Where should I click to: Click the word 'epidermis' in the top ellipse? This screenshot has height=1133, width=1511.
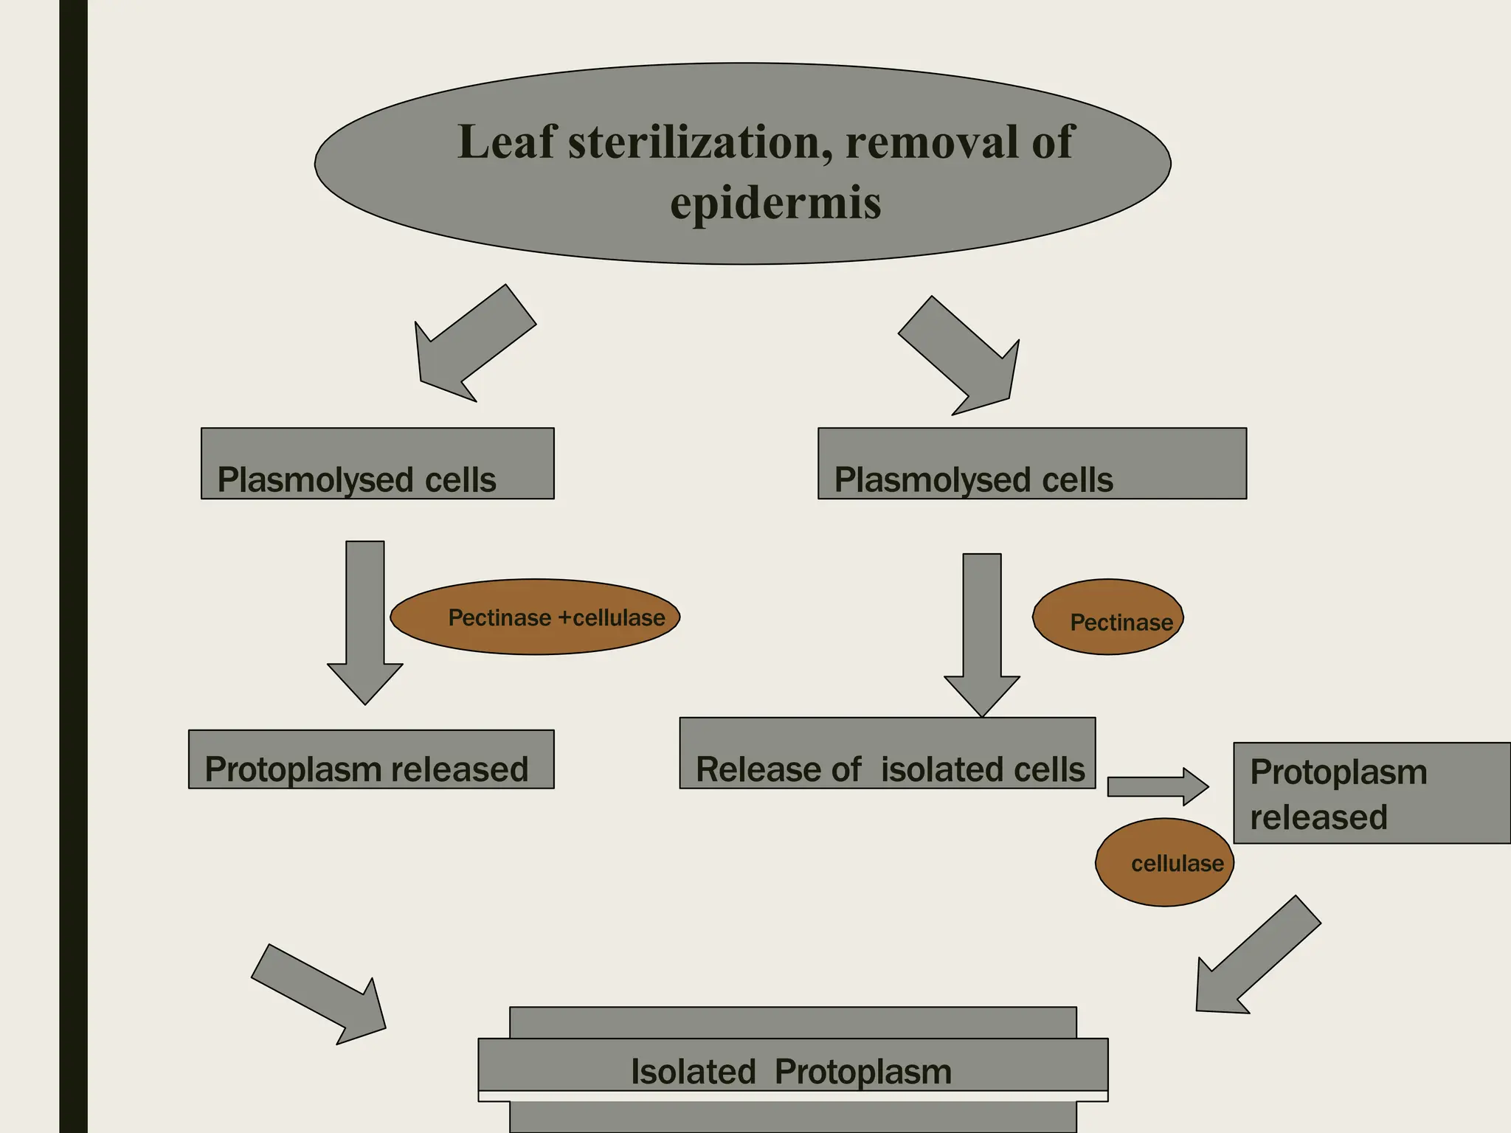click(x=775, y=204)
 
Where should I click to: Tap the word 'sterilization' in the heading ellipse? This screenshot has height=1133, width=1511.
click(x=694, y=142)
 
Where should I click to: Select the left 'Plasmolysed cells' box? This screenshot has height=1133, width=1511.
click(x=377, y=463)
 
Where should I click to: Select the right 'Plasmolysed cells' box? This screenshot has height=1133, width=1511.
click(x=1031, y=463)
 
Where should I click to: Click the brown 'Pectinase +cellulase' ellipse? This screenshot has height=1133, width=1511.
click(x=535, y=617)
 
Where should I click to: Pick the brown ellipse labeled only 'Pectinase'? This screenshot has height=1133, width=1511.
click(x=1107, y=617)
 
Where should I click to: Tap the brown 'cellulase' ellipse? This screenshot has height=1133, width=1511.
click(x=1164, y=862)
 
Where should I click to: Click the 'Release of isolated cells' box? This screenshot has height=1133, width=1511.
click(x=887, y=753)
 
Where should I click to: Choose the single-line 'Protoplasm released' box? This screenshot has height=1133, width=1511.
click(x=371, y=760)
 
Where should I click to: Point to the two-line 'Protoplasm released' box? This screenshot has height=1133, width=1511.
click(x=1371, y=793)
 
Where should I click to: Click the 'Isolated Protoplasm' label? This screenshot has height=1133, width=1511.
click(x=792, y=1071)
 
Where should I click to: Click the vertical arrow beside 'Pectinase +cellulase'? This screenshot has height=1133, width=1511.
click(x=365, y=620)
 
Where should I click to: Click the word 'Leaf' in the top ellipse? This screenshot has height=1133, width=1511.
click(x=505, y=142)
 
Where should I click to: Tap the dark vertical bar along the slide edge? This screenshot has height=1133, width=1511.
click(x=73, y=566)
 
